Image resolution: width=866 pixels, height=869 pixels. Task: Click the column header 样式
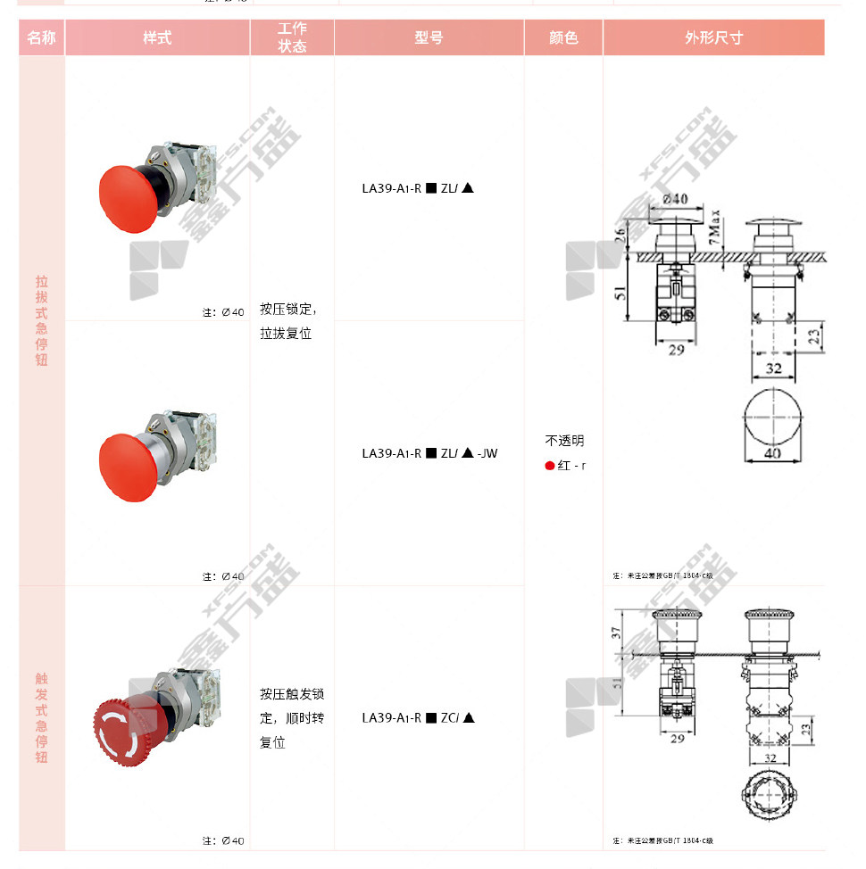(157, 37)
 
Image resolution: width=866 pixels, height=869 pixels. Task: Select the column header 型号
(429, 37)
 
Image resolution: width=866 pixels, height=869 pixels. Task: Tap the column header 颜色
(563, 37)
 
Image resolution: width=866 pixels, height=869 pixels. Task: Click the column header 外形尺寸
(713, 37)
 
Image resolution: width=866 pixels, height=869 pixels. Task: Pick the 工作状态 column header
(292, 37)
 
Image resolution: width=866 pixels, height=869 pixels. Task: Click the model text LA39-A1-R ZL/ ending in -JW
(429, 453)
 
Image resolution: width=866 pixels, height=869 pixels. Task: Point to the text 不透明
(564, 441)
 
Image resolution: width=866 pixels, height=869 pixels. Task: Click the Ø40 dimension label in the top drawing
(675, 199)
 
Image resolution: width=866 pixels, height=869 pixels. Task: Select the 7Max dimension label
(714, 228)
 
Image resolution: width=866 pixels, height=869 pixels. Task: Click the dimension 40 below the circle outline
(773, 454)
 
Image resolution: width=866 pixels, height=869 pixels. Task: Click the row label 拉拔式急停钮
(42, 320)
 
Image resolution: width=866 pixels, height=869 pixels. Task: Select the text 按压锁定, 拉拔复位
(287, 321)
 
